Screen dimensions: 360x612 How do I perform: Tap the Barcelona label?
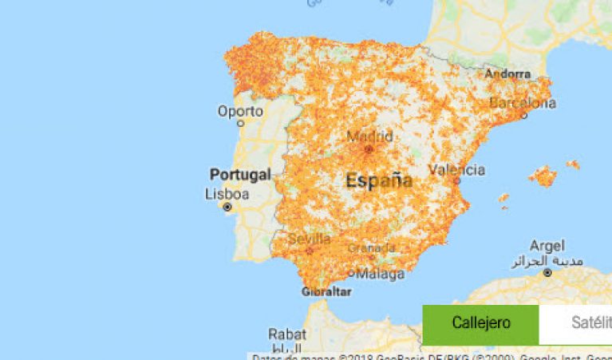(x=523, y=103)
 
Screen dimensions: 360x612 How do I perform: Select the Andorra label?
(x=507, y=74)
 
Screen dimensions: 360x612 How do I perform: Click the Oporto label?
(x=240, y=111)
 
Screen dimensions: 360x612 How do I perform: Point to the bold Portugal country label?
(x=240, y=174)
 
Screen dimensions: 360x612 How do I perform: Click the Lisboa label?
(x=227, y=194)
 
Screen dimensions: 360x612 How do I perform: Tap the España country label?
(x=379, y=180)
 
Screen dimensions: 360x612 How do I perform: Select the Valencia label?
(x=456, y=169)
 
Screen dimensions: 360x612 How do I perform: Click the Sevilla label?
(x=309, y=239)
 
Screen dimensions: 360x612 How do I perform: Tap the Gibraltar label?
(x=326, y=291)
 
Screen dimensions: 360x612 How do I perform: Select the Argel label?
(x=547, y=246)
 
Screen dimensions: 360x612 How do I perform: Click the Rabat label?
(x=286, y=334)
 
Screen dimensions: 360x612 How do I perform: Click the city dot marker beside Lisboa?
(x=227, y=207)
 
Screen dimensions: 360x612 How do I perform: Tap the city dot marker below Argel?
(x=547, y=272)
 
